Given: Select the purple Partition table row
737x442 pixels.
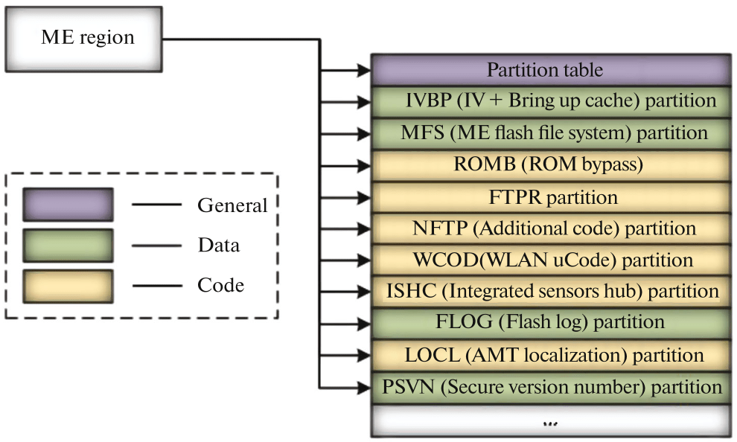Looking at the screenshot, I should pyautogui.click(x=550, y=70).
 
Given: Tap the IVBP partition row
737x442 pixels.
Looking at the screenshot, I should pyautogui.click(x=550, y=101).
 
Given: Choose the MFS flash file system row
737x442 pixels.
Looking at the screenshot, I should pyautogui.click(x=550, y=133).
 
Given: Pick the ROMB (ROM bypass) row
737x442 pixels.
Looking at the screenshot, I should pyautogui.click(x=550, y=165).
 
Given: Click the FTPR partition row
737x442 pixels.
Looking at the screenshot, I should pyautogui.click(x=550, y=197).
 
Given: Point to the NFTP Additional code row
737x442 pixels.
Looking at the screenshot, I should pyautogui.click(x=550, y=228).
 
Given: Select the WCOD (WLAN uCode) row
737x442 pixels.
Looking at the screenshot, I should pyautogui.click(x=550, y=260).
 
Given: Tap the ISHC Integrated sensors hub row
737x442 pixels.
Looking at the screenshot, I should pyautogui.click(x=550, y=292).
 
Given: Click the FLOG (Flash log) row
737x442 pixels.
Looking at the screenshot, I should pyautogui.click(x=550, y=323).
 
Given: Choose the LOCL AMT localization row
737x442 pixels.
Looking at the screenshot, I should pyautogui.click(x=550, y=355).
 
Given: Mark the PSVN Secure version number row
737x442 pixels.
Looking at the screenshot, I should pyautogui.click(x=550, y=387).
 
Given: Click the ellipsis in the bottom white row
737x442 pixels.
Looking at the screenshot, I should pyautogui.click(x=550, y=421).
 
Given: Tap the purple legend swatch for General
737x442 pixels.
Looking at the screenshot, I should pyautogui.click(x=68, y=205).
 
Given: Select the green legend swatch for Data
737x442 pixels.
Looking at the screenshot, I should pyautogui.click(x=68, y=245).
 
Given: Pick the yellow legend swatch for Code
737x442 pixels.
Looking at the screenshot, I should pyautogui.click(x=68, y=286).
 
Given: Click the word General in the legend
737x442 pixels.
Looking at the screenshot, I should pyautogui.click(x=232, y=205).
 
